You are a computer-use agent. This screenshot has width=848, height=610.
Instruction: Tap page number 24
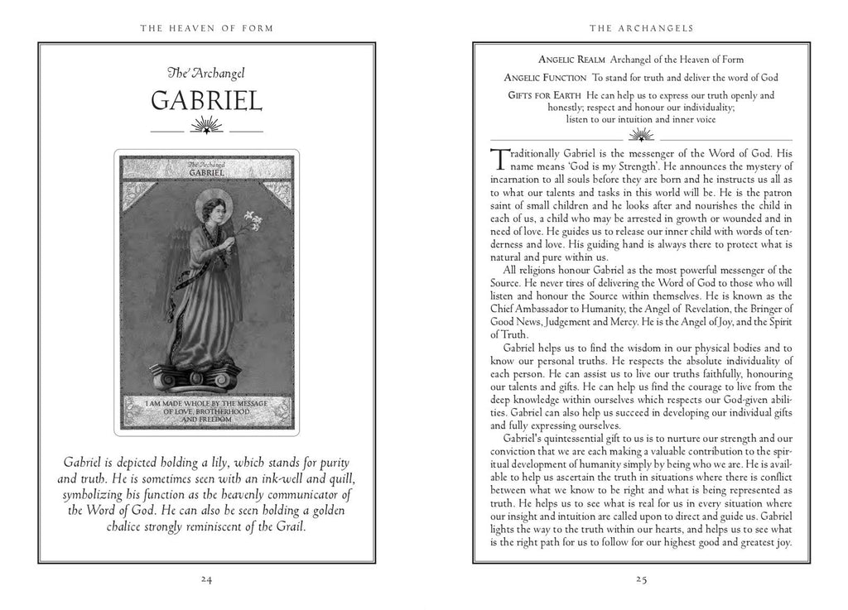point(207,579)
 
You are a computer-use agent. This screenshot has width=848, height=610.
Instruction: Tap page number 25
point(641,579)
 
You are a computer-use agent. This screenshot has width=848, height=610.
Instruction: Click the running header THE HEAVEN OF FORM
point(207,28)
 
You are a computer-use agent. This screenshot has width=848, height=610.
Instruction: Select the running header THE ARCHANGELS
point(641,28)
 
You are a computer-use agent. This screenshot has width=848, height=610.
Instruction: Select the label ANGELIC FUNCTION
point(544,77)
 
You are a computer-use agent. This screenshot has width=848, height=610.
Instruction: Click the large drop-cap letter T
point(499,159)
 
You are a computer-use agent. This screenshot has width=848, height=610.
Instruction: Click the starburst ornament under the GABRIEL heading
point(207,127)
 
